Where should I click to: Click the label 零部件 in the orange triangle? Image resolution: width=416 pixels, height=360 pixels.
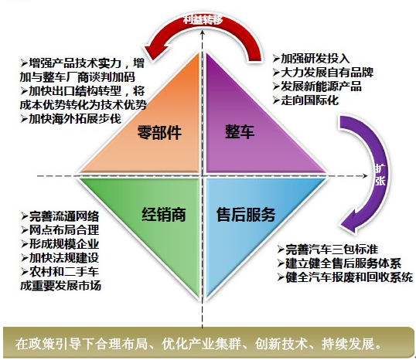tap(159, 132)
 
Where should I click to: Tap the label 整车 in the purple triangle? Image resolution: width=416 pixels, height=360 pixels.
tap(240, 131)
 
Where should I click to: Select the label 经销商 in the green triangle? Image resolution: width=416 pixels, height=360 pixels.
tap(163, 214)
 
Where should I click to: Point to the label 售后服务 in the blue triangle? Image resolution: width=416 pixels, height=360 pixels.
tap(246, 214)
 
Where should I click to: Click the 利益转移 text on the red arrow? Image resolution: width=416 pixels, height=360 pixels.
tap(203, 19)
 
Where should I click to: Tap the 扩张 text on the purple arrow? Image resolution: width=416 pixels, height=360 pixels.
tap(380, 175)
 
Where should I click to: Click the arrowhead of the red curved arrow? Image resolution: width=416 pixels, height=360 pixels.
tap(153, 50)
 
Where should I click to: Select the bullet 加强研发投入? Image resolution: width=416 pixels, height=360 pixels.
tap(311, 59)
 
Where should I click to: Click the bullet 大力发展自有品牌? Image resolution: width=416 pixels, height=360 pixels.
tap(323, 73)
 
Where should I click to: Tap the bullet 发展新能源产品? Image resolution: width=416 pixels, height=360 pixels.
tap(317, 87)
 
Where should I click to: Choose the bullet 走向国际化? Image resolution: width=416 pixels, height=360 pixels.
tap(305, 100)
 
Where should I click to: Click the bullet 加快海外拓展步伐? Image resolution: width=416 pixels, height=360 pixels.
tap(71, 118)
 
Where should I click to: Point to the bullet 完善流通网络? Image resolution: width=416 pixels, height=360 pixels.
tap(60, 216)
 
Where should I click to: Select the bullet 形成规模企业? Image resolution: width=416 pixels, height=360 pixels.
tap(60, 244)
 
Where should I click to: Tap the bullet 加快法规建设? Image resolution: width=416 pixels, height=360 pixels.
tap(60, 258)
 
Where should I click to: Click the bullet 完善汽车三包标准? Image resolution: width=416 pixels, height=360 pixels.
tap(328, 250)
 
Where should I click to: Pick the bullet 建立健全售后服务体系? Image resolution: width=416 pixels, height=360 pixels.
tap(339, 263)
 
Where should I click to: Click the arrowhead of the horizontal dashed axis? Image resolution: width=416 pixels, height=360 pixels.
tap(365, 176)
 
